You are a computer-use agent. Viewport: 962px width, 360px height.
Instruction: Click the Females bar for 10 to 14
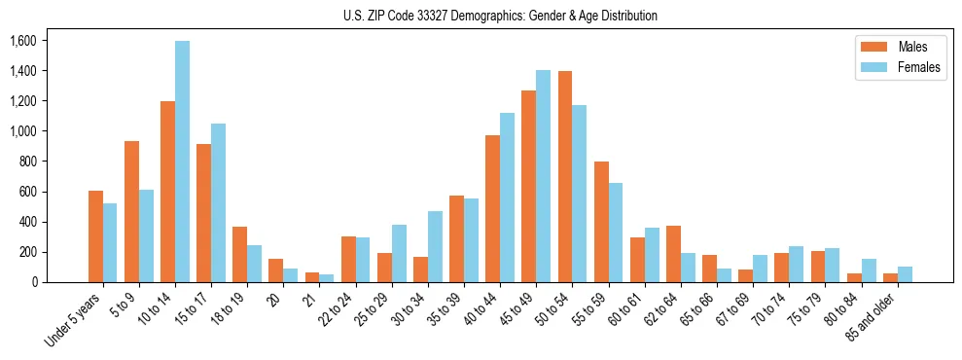[183, 162]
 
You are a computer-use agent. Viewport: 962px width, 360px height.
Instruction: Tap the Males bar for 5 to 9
[131, 212]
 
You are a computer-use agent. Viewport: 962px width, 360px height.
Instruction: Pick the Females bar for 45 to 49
[543, 176]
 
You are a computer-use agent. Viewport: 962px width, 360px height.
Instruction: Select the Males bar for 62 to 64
[673, 254]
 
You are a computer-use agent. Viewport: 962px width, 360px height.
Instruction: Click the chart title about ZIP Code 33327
[500, 16]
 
